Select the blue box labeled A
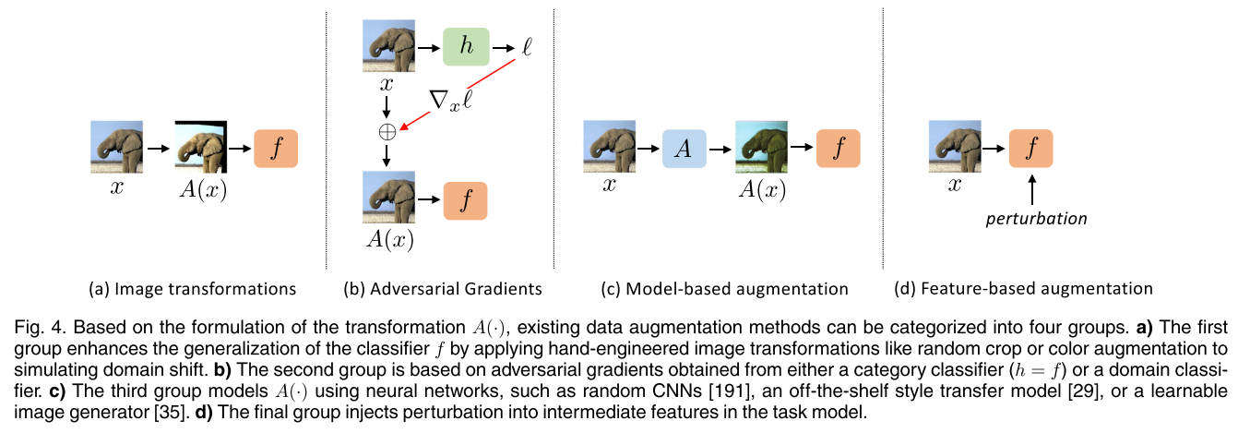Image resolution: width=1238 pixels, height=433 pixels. click(x=684, y=148)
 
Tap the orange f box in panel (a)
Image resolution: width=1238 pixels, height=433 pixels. click(x=276, y=148)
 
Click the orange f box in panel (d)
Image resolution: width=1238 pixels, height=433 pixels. click(x=1030, y=148)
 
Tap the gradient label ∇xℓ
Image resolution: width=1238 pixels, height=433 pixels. click(x=450, y=100)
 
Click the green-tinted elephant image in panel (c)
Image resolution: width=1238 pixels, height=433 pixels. click(x=761, y=148)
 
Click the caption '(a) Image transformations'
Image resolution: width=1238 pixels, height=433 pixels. click(x=192, y=289)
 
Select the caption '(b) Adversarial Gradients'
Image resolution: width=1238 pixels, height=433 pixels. click(x=442, y=289)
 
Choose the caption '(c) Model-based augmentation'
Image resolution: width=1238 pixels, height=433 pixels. click(x=724, y=289)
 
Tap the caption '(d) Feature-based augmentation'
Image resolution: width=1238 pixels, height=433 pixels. click(x=1024, y=289)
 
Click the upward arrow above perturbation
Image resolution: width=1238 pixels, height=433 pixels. click(x=1031, y=191)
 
